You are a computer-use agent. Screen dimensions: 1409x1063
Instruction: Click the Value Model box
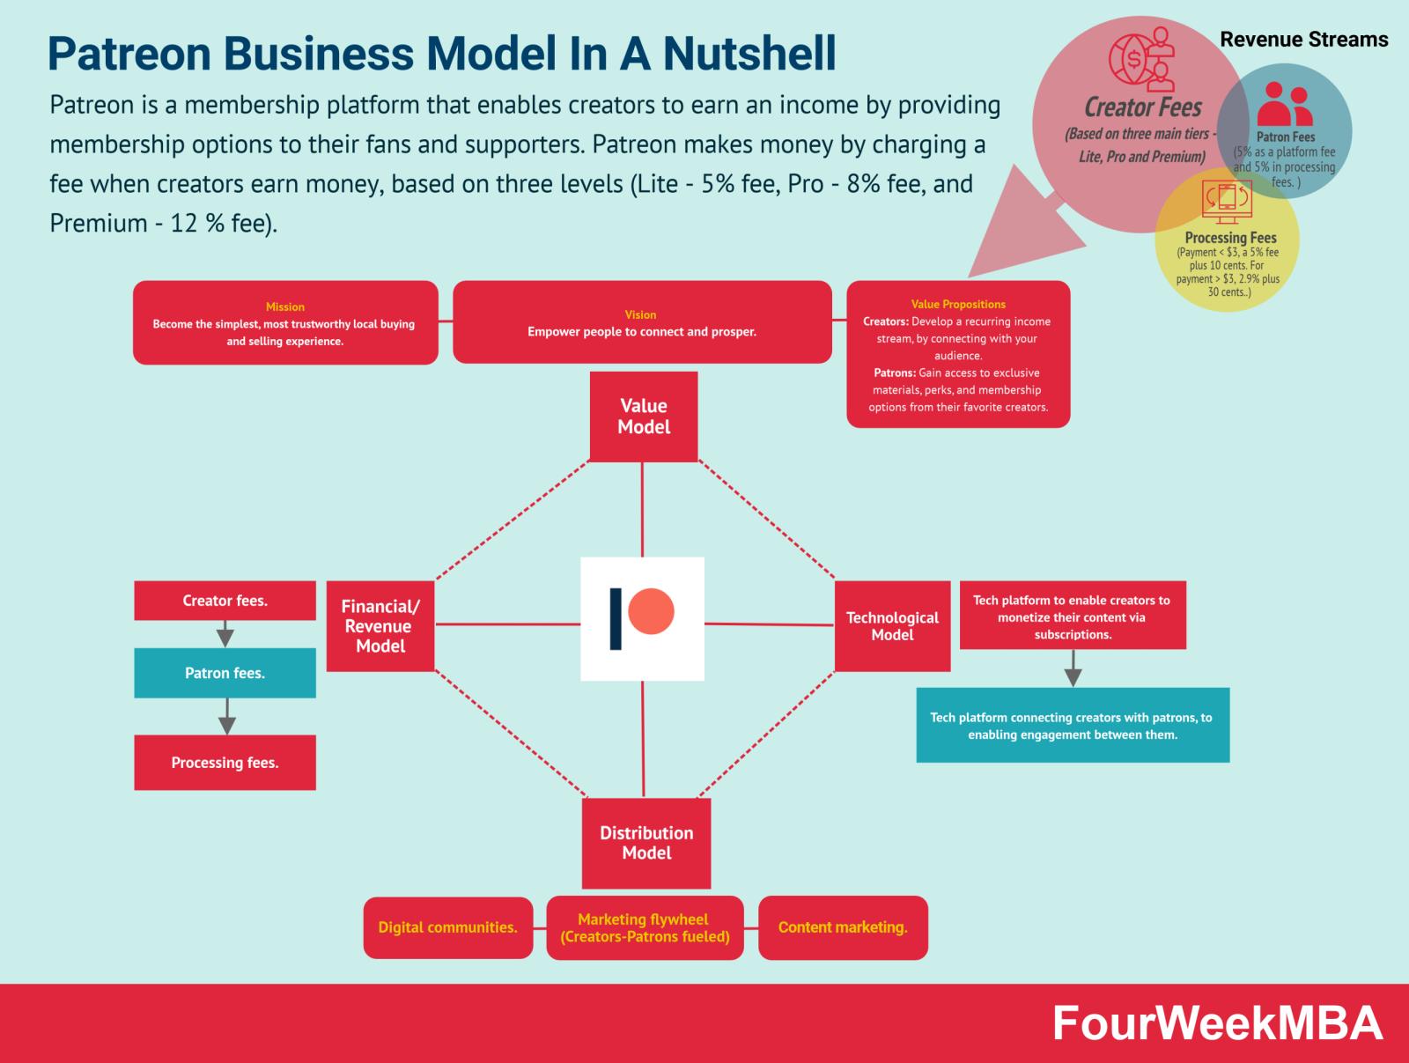tap(643, 417)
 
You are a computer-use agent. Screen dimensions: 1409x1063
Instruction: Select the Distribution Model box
tap(645, 843)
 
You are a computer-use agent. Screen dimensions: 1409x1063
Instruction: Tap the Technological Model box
tap(892, 626)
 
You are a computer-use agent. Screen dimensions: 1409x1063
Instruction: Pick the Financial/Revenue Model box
tap(380, 626)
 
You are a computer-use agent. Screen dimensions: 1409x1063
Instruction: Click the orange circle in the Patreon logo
tap(651, 611)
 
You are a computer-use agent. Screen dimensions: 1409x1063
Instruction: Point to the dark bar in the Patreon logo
tap(615, 619)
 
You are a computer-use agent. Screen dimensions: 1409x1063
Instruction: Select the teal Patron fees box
tap(225, 673)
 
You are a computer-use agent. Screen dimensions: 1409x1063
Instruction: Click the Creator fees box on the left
tap(225, 601)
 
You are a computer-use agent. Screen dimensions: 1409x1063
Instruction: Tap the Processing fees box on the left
tap(225, 763)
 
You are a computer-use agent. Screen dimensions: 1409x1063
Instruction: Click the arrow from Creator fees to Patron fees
tap(225, 634)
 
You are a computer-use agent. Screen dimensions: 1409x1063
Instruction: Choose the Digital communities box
tap(448, 927)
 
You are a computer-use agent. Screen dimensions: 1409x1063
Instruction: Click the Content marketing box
tap(843, 927)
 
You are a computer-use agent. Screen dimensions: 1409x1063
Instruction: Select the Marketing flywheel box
tap(645, 927)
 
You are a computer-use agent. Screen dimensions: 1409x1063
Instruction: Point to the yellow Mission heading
tap(285, 306)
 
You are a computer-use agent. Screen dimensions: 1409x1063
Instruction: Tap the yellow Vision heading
tap(640, 314)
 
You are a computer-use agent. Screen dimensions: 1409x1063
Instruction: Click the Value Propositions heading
tap(958, 304)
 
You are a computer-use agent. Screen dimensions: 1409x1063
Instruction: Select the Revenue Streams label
tap(1303, 40)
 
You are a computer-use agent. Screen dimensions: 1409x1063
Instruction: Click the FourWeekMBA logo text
tap(1218, 1023)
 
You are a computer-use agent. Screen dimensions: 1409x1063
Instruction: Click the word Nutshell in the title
tap(749, 53)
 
